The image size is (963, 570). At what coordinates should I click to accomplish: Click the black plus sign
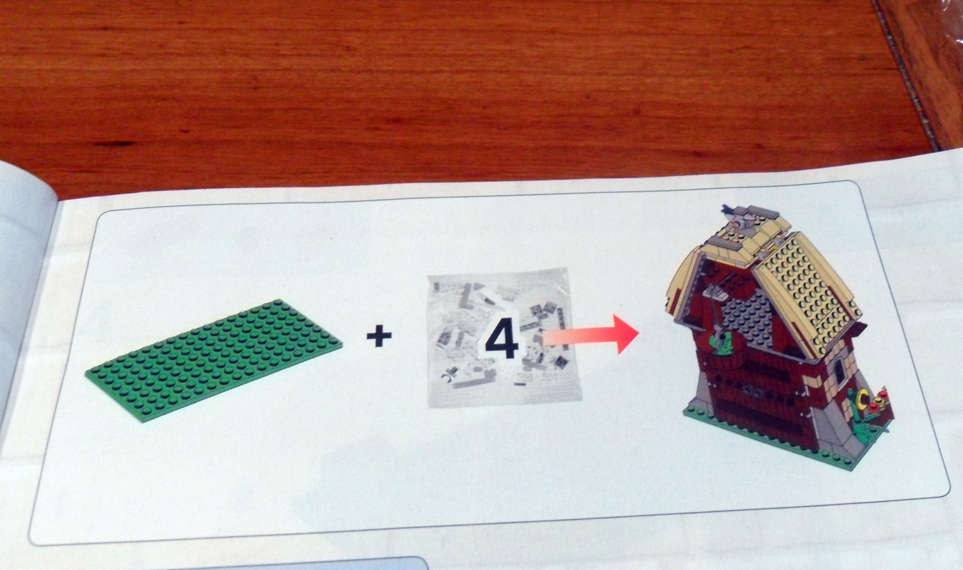click(379, 336)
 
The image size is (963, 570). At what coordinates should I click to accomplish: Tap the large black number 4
click(502, 338)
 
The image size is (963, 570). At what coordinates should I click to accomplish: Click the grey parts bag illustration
click(504, 338)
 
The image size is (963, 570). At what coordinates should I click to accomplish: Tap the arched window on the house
click(839, 372)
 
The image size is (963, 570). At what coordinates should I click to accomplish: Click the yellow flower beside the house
click(862, 398)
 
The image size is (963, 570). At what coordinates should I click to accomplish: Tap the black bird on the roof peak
click(729, 209)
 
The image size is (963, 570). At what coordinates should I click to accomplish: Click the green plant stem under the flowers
click(869, 426)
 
